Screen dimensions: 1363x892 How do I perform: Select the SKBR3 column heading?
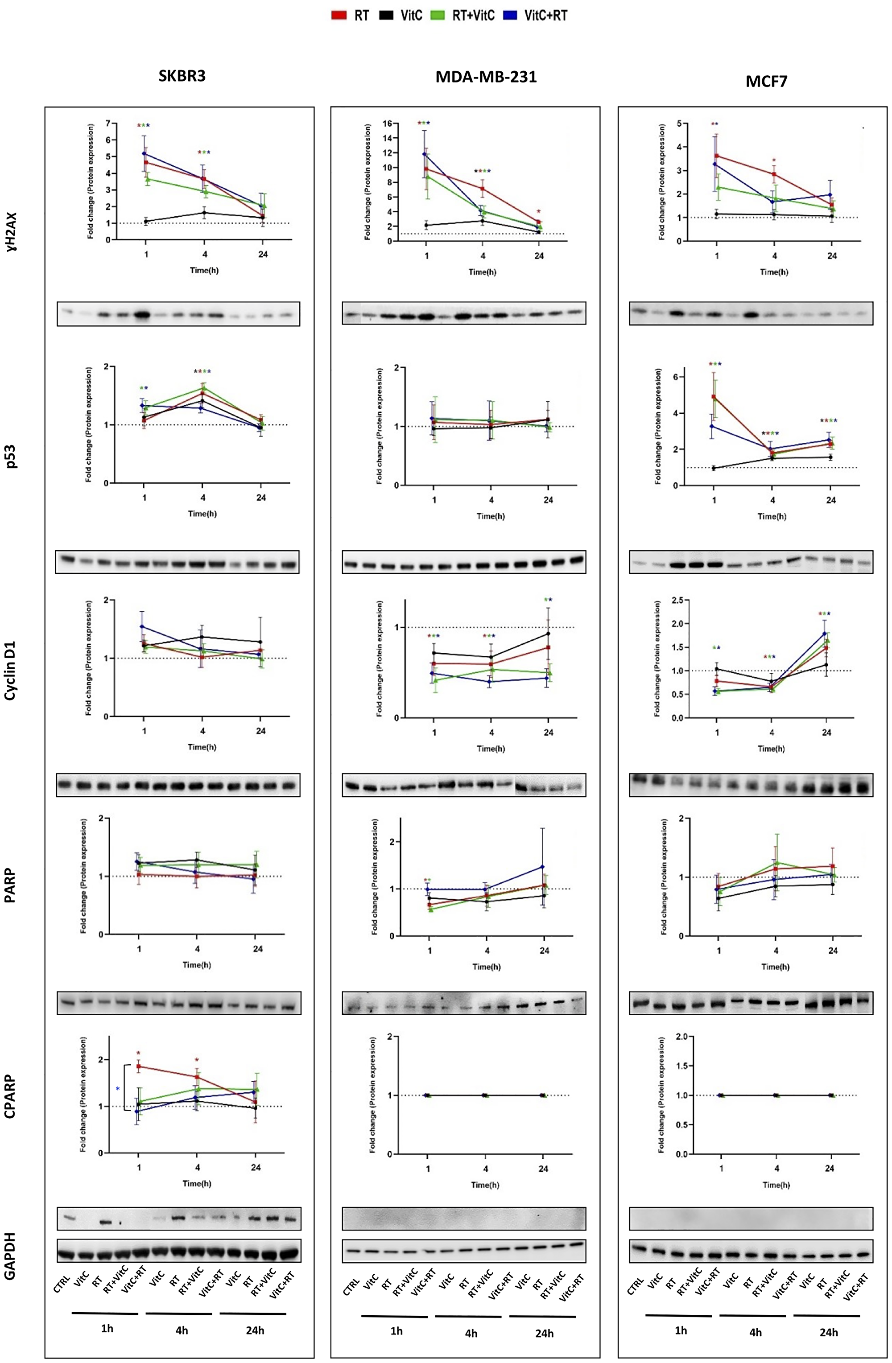(x=182, y=77)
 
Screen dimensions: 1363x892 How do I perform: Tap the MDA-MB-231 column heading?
(x=486, y=77)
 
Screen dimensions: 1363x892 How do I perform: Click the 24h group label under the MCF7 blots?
(x=828, y=1332)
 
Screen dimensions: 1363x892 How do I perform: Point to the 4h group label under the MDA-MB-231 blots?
(x=471, y=1334)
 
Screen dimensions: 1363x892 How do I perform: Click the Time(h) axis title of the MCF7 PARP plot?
(x=775, y=966)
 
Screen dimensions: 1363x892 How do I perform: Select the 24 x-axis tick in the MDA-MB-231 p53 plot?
(x=548, y=500)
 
